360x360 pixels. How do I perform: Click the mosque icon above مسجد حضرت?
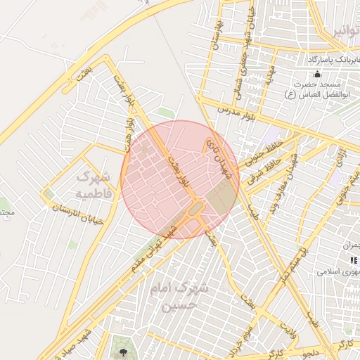(317, 75)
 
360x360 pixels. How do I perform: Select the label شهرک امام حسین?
(179, 297)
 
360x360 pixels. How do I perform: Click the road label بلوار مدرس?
(234, 110)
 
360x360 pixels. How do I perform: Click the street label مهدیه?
(268, 75)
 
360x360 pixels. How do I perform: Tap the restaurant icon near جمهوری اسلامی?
(352, 260)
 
